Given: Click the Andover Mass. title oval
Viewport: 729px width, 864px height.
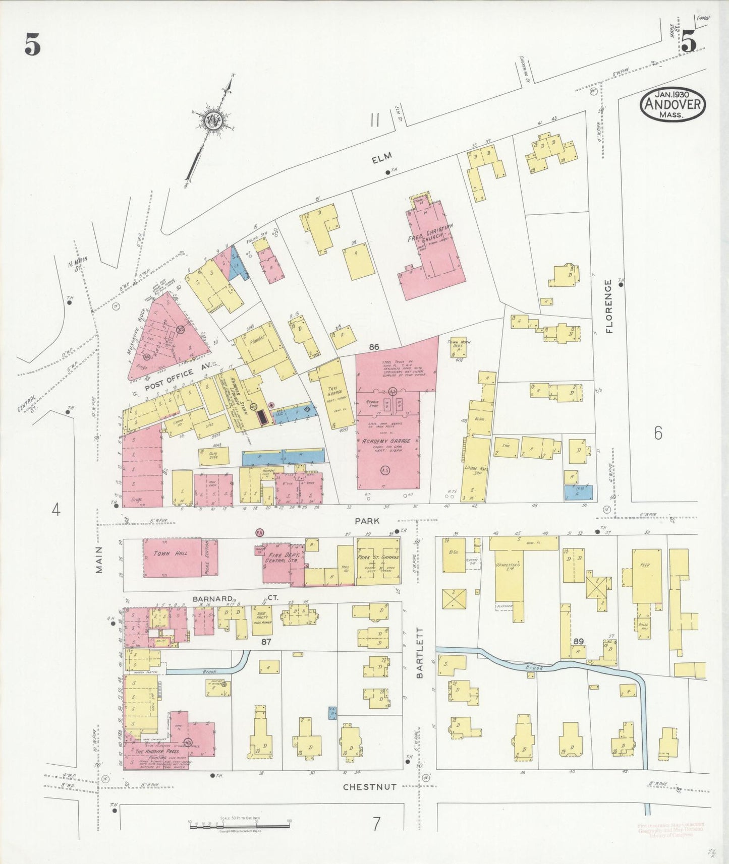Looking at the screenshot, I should [672, 104].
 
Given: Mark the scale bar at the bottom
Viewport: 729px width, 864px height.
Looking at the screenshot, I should [239, 826].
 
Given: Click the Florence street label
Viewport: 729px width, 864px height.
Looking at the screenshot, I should [609, 306].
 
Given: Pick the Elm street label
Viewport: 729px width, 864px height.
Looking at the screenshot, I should [382, 158].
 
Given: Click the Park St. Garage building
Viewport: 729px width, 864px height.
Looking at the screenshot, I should [378, 561].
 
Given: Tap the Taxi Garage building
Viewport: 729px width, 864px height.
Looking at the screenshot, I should [330, 394].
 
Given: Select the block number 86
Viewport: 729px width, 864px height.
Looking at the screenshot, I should [374, 347].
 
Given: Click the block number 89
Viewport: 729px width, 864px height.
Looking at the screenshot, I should [578, 641].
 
